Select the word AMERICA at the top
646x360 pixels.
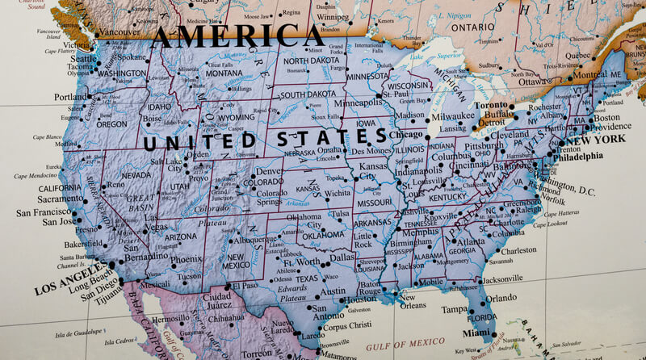(239, 35)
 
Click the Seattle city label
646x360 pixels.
(82, 59)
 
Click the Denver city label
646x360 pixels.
(270, 172)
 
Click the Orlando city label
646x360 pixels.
(501, 298)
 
